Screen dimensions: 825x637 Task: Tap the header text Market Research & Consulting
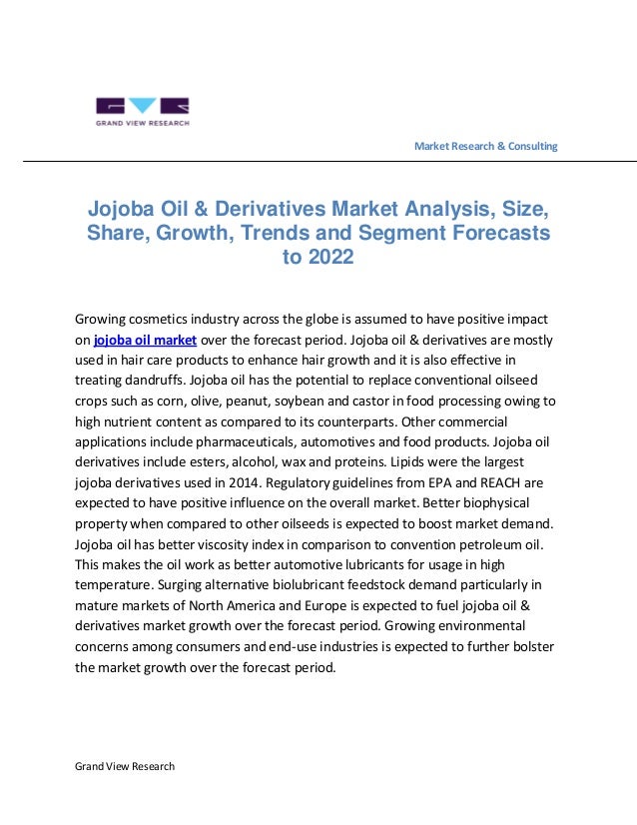click(485, 147)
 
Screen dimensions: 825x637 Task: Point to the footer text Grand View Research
click(125, 766)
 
